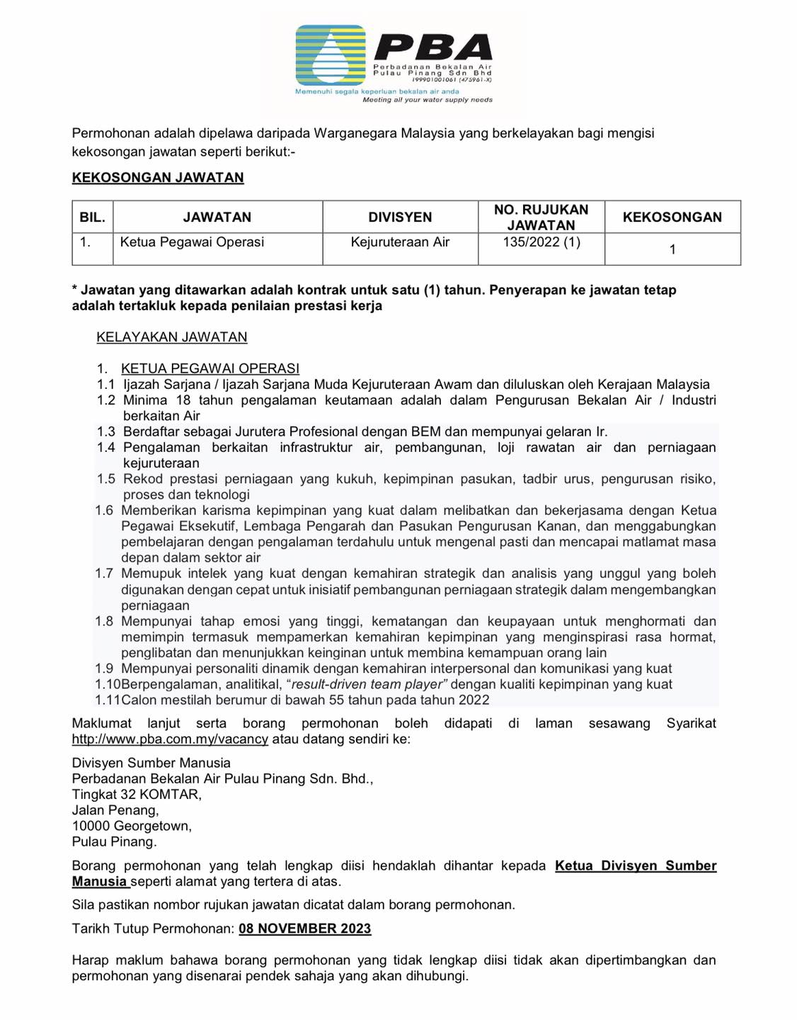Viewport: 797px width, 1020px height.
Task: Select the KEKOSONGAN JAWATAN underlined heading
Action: tap(158, 178)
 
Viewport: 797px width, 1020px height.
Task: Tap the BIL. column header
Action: tap(93, 217)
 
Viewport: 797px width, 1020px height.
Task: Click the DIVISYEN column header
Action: tap(400, 217)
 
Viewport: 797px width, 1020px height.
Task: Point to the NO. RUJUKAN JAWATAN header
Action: tap(541, 217)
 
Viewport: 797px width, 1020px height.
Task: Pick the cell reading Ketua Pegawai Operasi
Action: tap(192, 242)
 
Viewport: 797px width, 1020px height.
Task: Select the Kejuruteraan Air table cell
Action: tap(400, 242)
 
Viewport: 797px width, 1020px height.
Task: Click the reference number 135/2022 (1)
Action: tap(541, 242)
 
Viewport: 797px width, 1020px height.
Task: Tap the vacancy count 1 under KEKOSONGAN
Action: tap(672, 249)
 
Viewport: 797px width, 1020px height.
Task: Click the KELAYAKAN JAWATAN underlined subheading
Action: tap(172, 337)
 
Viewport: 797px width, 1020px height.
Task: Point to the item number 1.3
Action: tap(106, 431)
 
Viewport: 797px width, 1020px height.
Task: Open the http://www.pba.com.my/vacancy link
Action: tap(170, 739)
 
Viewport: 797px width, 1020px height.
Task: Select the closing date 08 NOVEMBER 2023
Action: tap(304, 929)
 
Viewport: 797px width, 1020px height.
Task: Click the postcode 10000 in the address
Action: tap(91, 826)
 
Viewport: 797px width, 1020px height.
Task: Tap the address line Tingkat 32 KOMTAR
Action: tap(137, 795)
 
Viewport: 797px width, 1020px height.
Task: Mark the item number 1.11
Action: tap(107, 700)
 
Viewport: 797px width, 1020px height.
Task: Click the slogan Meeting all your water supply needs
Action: tap(428, 100)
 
